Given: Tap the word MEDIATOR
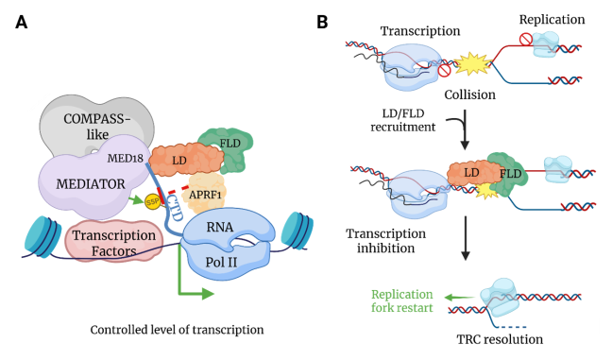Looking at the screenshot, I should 90,183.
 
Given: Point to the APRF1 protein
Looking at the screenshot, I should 204,193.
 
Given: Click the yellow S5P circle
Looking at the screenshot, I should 152,201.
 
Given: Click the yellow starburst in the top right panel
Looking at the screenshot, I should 472,64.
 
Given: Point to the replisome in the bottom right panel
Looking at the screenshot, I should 500,297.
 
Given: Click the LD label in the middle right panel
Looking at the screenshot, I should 463,173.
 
